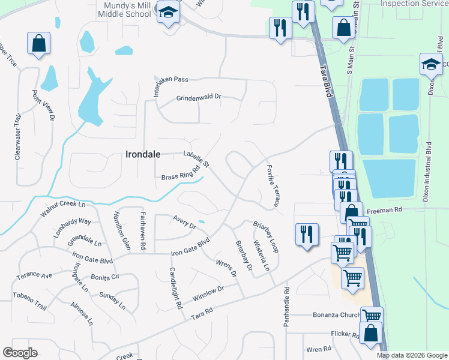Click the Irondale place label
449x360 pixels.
click(143, 154)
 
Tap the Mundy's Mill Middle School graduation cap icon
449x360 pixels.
click(168, 12)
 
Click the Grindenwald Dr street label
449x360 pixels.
click(199, 97)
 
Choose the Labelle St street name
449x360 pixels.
click(196, 160)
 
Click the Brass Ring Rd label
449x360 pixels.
click(181, 173)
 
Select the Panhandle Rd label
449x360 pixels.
click(286, 306)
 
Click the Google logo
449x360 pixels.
click(20, 353)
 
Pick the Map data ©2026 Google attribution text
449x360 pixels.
click(411, 355)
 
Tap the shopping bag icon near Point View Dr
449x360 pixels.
click(38, 44)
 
